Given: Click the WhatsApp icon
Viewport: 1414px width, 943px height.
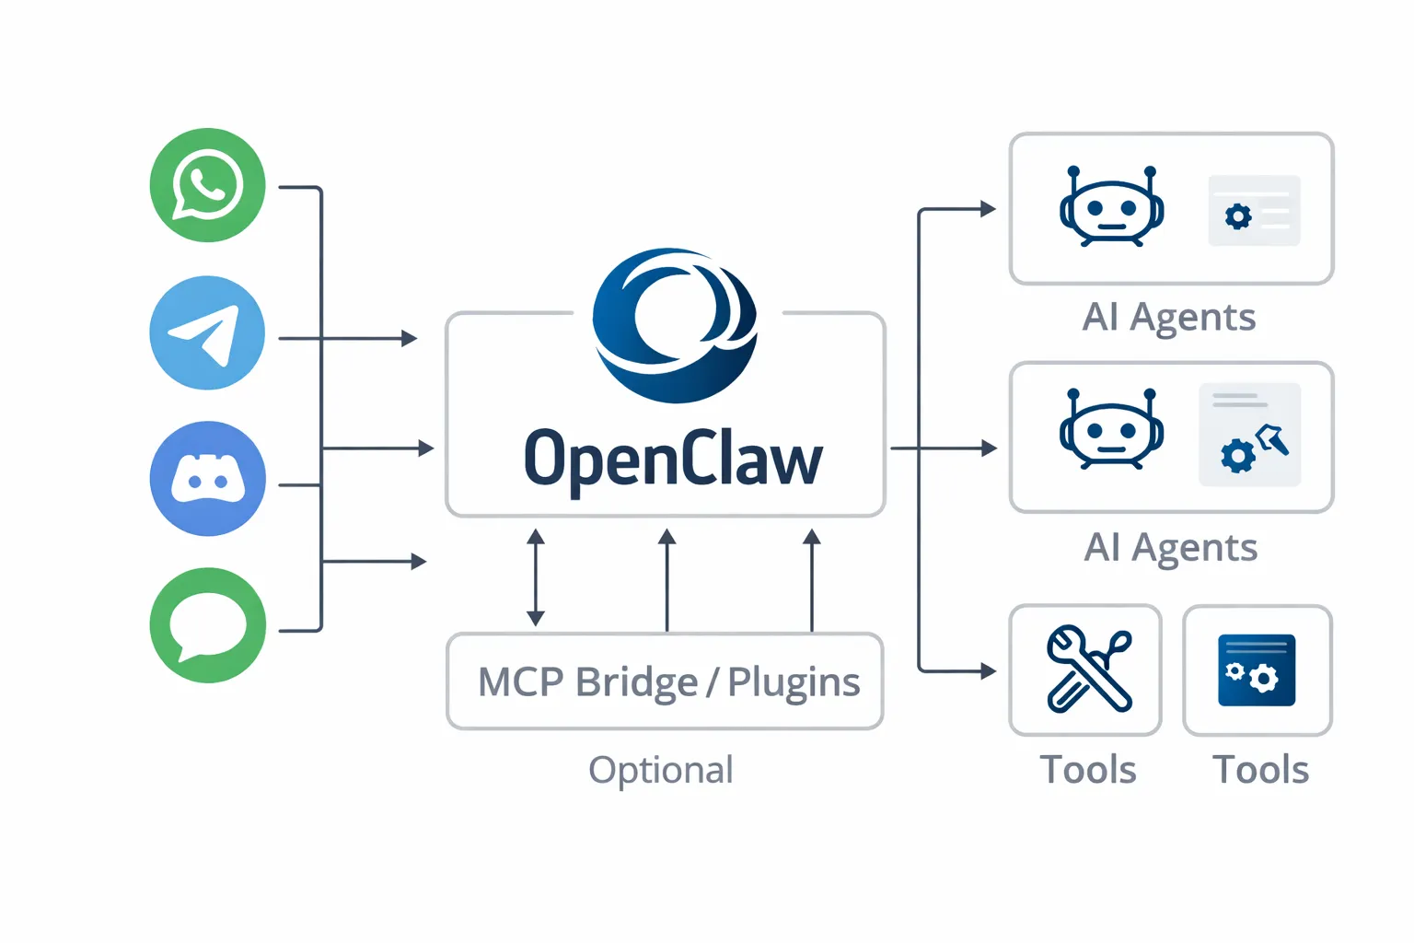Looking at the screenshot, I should [207, 185].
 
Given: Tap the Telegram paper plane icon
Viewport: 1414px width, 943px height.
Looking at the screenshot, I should [207, 333].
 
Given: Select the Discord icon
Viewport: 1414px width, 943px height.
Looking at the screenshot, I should [207, 479].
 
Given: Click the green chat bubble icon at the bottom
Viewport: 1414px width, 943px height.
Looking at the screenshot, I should [207, 625].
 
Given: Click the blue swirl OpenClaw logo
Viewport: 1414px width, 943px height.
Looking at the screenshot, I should [675, 324].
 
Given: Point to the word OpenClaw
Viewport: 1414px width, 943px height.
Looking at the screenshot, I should [673, 459].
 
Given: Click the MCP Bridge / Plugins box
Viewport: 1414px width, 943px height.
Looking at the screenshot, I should [665, 681].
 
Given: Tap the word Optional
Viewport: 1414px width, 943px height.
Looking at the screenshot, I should [661, 770].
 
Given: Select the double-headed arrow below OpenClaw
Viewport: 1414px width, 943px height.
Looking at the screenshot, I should [536, 577].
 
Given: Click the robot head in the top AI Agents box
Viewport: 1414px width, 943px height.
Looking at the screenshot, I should [1111, 208].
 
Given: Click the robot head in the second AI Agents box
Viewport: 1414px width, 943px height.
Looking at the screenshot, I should [1111, 430].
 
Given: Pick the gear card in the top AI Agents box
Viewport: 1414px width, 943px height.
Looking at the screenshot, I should [1254, 211].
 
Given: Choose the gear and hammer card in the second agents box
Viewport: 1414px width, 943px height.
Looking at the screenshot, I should [1249, 435].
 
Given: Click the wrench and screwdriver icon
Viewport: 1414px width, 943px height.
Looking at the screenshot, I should [1087, 669].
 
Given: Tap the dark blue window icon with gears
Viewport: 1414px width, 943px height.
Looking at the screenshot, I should [1257, 670].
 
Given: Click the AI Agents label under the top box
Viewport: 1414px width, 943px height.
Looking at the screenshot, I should [1168, 318].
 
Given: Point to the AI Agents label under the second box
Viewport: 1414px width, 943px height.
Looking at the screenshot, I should [1170, 548].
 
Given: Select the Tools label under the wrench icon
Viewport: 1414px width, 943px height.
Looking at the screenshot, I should [1087, 770].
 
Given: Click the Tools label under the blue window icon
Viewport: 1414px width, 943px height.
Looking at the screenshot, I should [1260, 770].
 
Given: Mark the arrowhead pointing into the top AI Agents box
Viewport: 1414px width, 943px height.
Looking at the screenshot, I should [989, 209].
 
